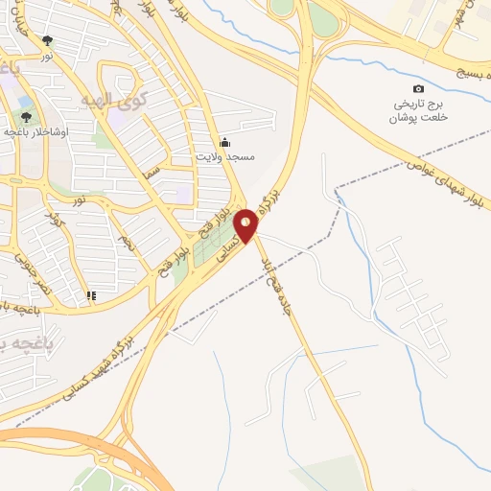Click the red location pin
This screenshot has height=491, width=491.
(247, 226)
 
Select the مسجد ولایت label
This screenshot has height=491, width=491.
(224, 156)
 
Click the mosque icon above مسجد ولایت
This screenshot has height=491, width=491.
(224, 142)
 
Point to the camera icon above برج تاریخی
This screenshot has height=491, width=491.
(418, 89)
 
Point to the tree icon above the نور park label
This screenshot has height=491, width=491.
(48, 40)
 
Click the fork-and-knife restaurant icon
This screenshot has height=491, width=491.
(91, 296)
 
